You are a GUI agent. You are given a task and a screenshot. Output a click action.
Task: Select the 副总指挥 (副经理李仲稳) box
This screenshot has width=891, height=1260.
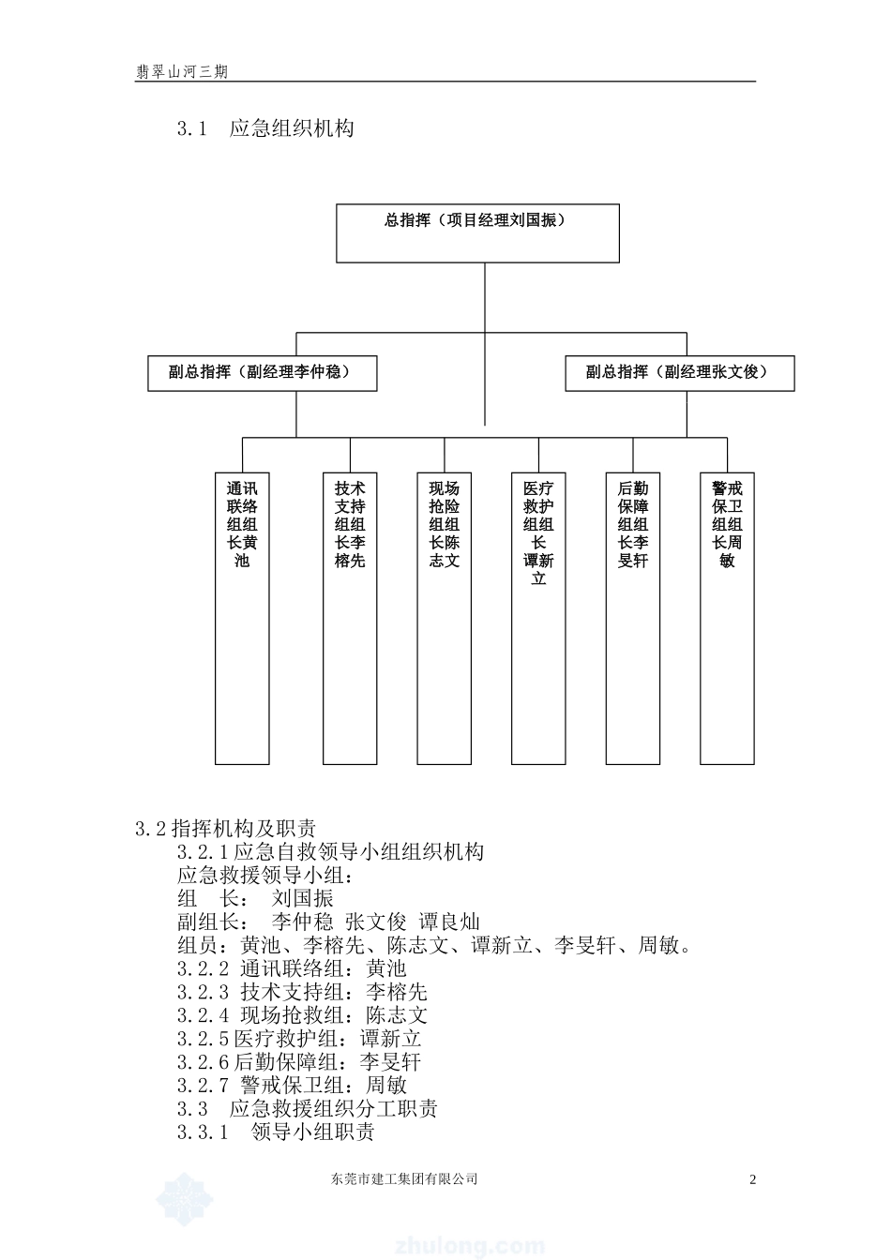pos(262,372)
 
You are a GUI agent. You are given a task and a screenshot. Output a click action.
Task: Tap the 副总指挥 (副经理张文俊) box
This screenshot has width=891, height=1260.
pos(679,372)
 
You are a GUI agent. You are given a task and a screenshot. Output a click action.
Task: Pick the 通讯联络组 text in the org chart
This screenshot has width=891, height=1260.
pos(242,524)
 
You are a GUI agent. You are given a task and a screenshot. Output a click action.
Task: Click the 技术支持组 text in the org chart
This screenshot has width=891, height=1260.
pos(350,524)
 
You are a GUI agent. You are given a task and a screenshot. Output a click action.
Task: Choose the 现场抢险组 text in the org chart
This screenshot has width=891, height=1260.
pos(445,524)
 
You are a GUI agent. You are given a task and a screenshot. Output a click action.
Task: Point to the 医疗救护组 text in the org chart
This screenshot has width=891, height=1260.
pos(538,532)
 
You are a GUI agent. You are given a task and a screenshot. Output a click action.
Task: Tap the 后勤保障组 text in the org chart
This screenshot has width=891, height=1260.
pos(633,524)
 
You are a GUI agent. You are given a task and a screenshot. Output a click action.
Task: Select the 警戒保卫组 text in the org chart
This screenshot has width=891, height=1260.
pos(727,524)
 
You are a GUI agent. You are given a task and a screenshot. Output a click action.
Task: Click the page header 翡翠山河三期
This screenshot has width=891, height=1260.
pos(181,71)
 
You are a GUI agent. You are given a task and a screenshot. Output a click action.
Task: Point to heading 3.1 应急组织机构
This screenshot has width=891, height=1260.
pos(265,128)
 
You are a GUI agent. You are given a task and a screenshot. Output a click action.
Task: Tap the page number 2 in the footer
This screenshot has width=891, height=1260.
pos(752,1179)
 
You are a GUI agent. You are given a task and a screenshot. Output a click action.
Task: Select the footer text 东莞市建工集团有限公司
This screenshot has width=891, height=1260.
pos(404,1179)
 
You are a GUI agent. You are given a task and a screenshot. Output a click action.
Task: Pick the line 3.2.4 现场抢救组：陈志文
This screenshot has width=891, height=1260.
pos(302,1015)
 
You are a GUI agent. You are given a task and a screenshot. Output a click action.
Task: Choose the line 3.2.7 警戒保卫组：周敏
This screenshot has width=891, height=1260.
pos(292,1086)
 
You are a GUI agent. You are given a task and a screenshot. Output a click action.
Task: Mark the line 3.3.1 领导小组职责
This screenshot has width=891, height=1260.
pos(276,1132)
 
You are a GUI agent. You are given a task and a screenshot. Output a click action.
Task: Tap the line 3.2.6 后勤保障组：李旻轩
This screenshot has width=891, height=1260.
pos(298,1062)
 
